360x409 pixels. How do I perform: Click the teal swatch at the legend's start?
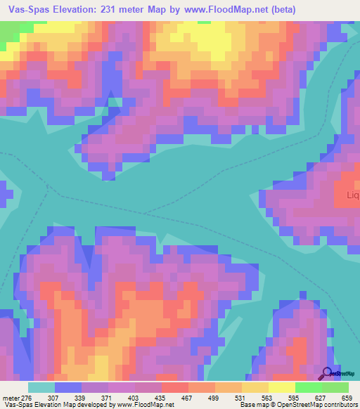tap(41, 387)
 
